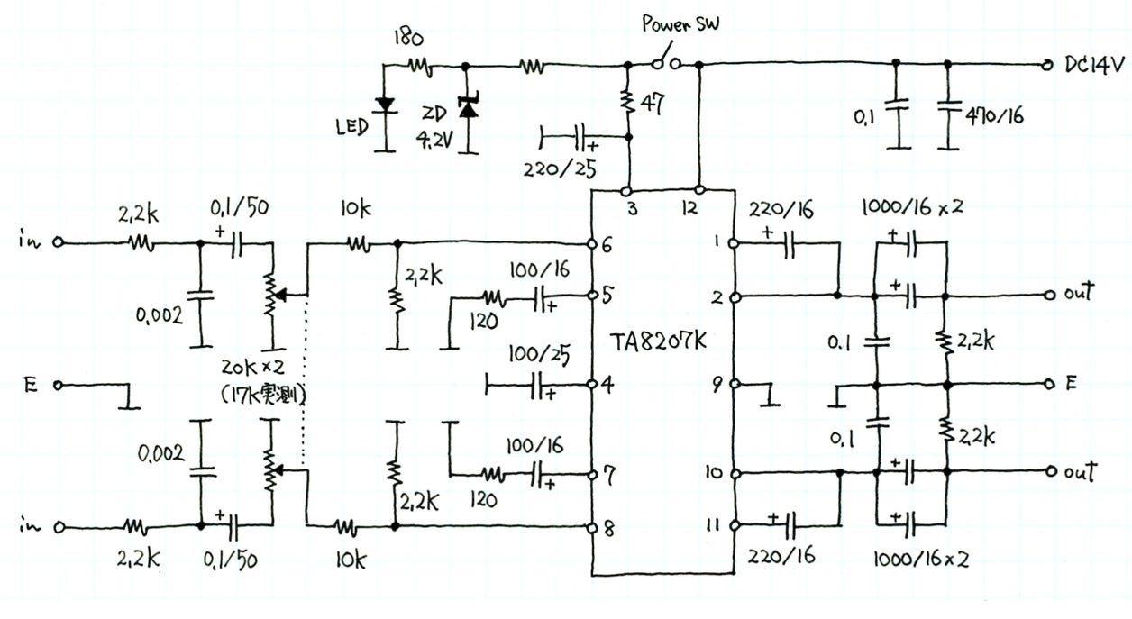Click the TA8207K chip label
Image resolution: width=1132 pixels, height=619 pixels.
coord(662,344)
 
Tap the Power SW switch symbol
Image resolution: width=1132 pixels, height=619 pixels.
coord(664,62)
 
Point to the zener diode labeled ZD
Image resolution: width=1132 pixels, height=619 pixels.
coord(467,106)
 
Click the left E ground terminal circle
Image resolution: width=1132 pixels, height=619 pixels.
coord(59,385)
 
